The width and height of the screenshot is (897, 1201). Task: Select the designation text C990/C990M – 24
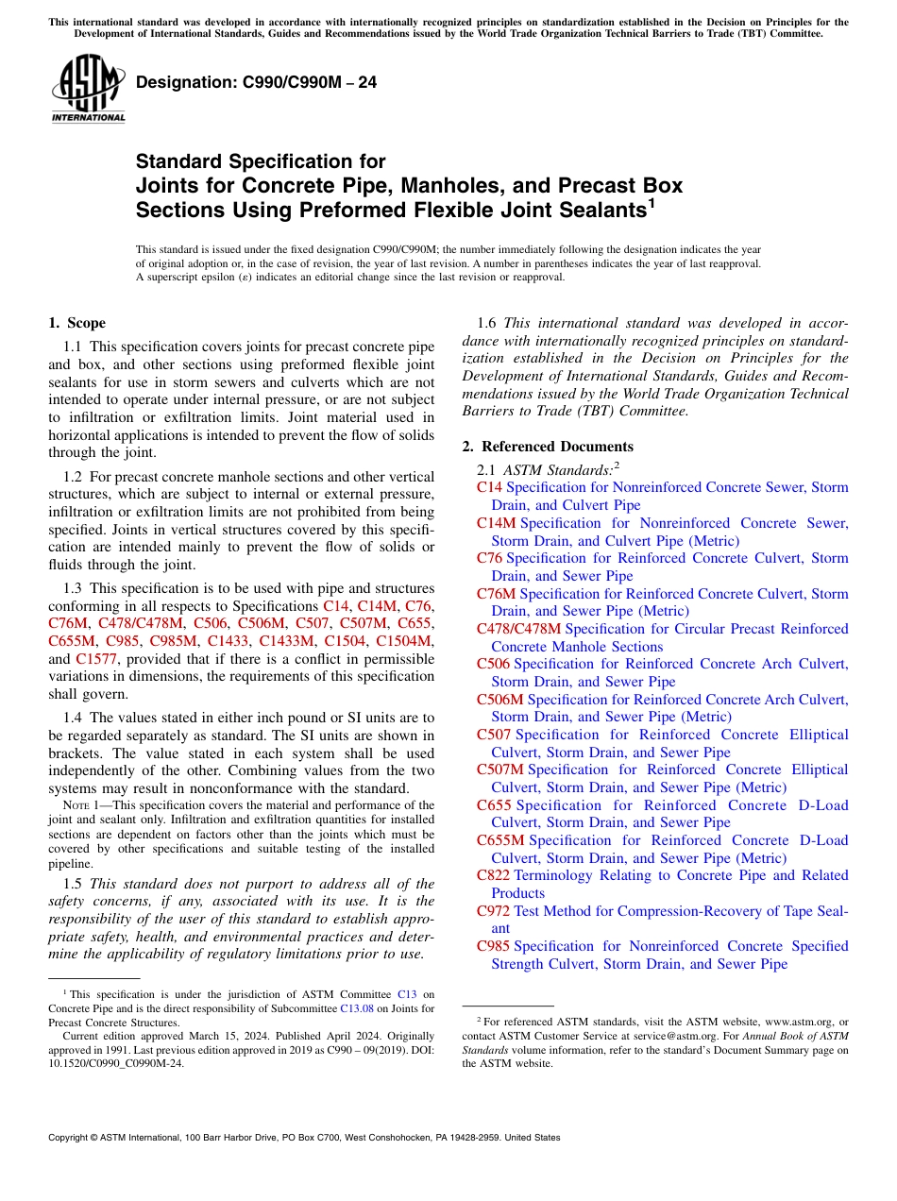pyautogui.click(x=257, y=83)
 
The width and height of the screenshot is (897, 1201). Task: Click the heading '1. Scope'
pyautogui.click(x=76, y=323)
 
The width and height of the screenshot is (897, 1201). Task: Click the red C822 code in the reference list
pyautogui.click(x=494, y=875)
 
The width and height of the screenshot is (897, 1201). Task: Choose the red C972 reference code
pyautogui.click(x=494, y=911)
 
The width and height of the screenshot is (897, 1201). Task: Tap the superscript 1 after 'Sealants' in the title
pyautogui.click(x=651, y=202)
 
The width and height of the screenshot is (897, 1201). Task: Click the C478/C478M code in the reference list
pyautogui.click(x=518, y=629)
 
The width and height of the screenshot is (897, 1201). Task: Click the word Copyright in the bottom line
pyautogui.click(x=73, y=1138)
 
